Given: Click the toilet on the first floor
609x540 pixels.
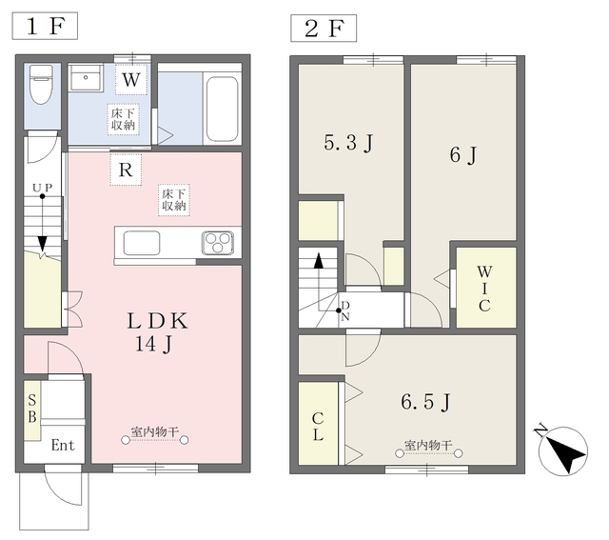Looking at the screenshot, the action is point(42,85).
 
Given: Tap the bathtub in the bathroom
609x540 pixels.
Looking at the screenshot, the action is point(222,110).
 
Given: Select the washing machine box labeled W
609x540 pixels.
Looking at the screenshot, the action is point(131,80).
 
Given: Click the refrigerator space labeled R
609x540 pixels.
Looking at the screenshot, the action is point(126,170).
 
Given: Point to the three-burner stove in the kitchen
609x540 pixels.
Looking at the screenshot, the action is point(218,243).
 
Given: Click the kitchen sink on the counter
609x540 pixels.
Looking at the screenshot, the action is point(142,243).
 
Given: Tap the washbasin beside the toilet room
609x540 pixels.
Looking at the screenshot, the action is point(86,78).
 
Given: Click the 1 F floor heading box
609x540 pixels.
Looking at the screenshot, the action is point(45,26).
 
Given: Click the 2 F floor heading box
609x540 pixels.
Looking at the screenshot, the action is point(324,29).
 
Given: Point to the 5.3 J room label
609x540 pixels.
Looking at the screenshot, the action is point(348,143).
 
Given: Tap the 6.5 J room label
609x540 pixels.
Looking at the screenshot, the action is point(425,402).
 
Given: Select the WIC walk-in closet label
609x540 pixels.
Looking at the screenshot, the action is point(484,289).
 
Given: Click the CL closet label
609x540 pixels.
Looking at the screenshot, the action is point(318,427).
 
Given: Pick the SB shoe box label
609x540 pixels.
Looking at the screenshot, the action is point(32,409).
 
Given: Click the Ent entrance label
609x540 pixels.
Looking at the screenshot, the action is point(63,445).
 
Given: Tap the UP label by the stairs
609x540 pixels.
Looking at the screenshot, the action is point(42,188).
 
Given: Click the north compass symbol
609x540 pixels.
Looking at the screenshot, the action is point(562,450).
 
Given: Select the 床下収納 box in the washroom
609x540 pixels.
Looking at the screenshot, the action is point(123,119).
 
